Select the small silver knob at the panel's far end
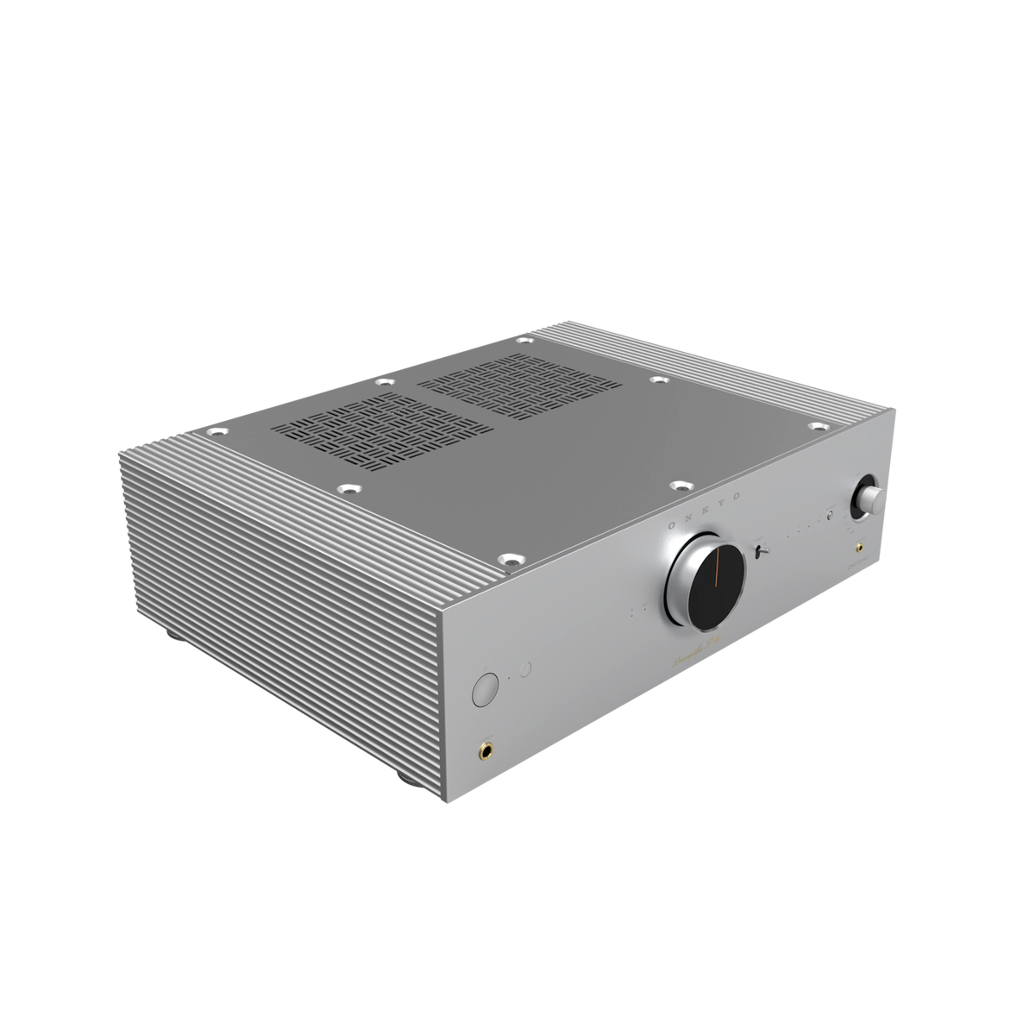point(867,499)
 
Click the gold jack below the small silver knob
point(861,547)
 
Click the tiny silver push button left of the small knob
point(829,517)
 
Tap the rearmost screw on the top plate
point(523,342)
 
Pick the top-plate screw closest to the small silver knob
point(817,424)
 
